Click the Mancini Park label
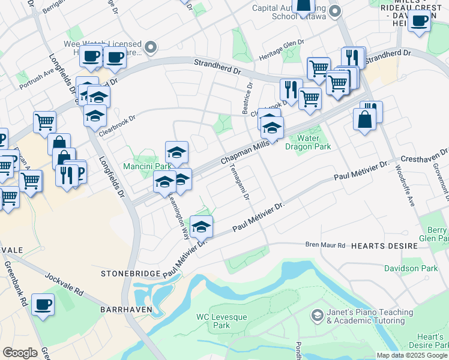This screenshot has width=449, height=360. (140, 166)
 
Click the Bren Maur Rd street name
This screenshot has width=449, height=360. (326, 245)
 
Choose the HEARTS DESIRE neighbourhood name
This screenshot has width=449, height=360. (384, 246)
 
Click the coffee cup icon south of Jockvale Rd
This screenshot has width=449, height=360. (43, 305)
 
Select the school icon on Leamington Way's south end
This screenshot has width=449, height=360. (202, 227)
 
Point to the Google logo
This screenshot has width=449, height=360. (20, 353)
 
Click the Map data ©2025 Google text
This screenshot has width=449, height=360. (411, 355)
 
